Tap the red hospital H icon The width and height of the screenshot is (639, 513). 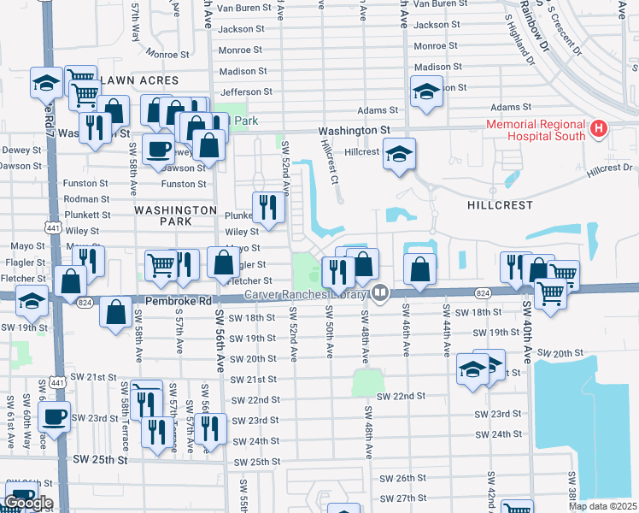click(599, 129)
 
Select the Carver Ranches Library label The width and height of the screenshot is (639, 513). click(305, 294)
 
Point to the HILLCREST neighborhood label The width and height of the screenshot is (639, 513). click(500, 205)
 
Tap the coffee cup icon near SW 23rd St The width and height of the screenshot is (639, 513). click(56, 417)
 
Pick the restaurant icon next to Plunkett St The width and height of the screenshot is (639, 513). click(268, 206)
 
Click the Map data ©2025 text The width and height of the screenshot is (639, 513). click(603, 506)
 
